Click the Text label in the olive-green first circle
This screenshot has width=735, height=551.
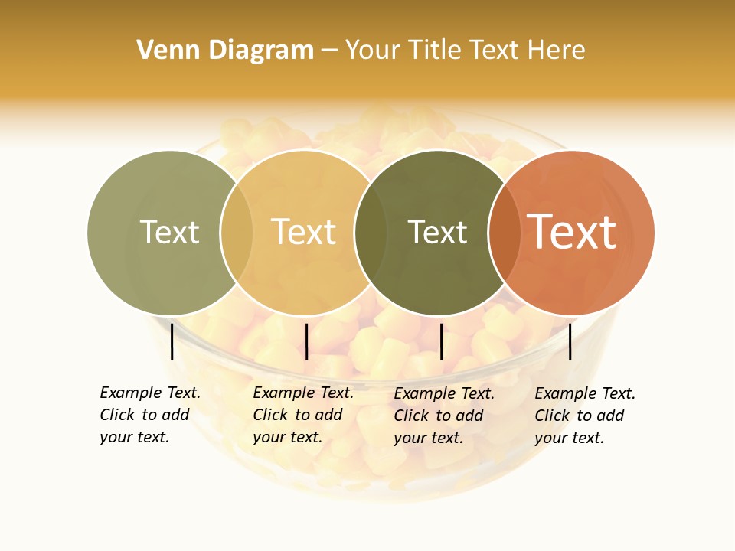point(169,232)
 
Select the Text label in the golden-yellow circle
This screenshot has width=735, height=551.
point(304,232)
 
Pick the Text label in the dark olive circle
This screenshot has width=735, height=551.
point(437,232)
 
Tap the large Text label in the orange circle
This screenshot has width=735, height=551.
point(572,232)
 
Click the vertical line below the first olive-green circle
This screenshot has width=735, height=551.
point(172,341)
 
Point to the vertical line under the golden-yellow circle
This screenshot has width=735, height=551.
point(306,341)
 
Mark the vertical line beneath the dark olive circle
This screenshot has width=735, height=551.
point(441,341)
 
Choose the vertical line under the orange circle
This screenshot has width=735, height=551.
point(570,341)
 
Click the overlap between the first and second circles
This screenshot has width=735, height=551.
point(237,232)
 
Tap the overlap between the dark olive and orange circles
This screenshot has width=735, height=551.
point(505,232)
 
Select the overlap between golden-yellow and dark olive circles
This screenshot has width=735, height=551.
point(367,232)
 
